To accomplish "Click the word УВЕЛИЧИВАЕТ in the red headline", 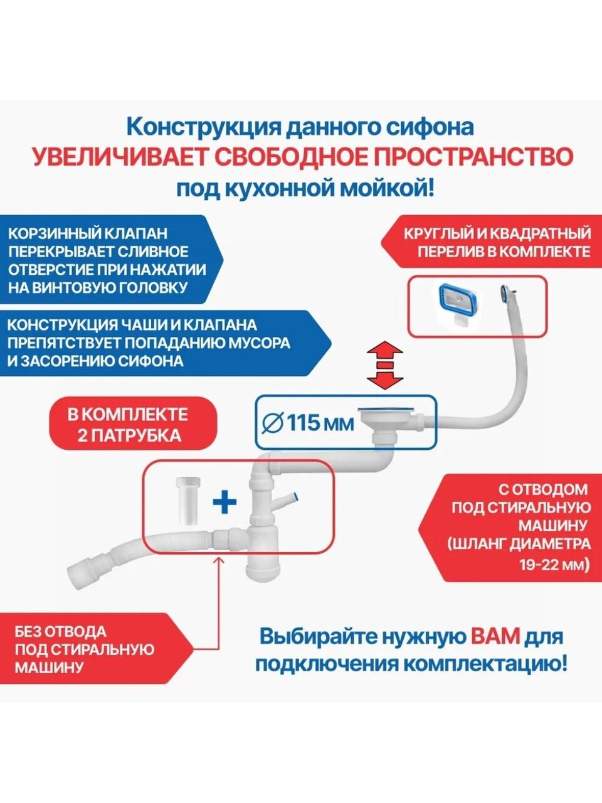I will coord(117,157).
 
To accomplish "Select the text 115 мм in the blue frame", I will coord(320,423).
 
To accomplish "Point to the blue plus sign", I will coord(224,503).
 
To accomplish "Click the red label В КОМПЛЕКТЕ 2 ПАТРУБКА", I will coord(133,425).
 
